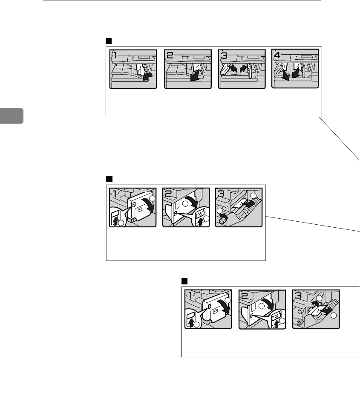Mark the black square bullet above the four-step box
point(108,41)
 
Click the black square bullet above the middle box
point(109,178)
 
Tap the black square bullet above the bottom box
point(184,281)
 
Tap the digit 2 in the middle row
point(169,194)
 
